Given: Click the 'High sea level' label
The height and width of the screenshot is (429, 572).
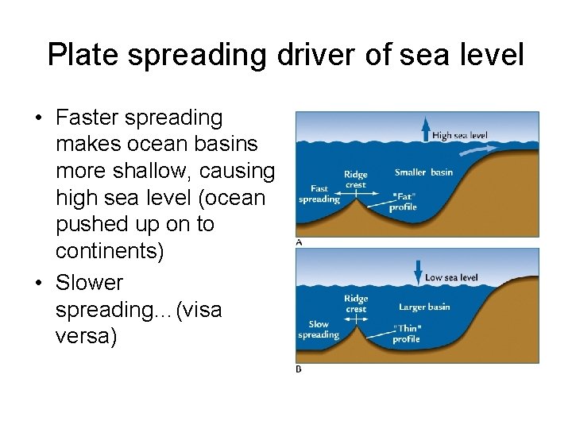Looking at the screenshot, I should pyautogui.click(x=460, y=136).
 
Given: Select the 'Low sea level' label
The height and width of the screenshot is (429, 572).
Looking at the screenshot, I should pyautogui.click(x=451, y=277).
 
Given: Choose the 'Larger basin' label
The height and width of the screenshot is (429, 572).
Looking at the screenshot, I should pyautogui.click(x=424, y=307).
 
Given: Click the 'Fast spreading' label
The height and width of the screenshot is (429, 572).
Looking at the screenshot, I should pyautogui.click(x=318, y=195).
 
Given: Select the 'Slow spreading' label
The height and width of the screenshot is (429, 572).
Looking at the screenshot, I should pyautogui.click(x=318, y=330).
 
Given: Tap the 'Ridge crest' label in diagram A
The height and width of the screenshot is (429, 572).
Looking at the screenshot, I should pyautogui.click(x=355, y=178).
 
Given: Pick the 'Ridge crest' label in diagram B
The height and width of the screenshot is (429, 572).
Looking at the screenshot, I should pyautogui.click(x=356, y=304).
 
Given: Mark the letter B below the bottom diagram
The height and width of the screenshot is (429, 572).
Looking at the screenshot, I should pyautogui.click(x=299, y=369).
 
